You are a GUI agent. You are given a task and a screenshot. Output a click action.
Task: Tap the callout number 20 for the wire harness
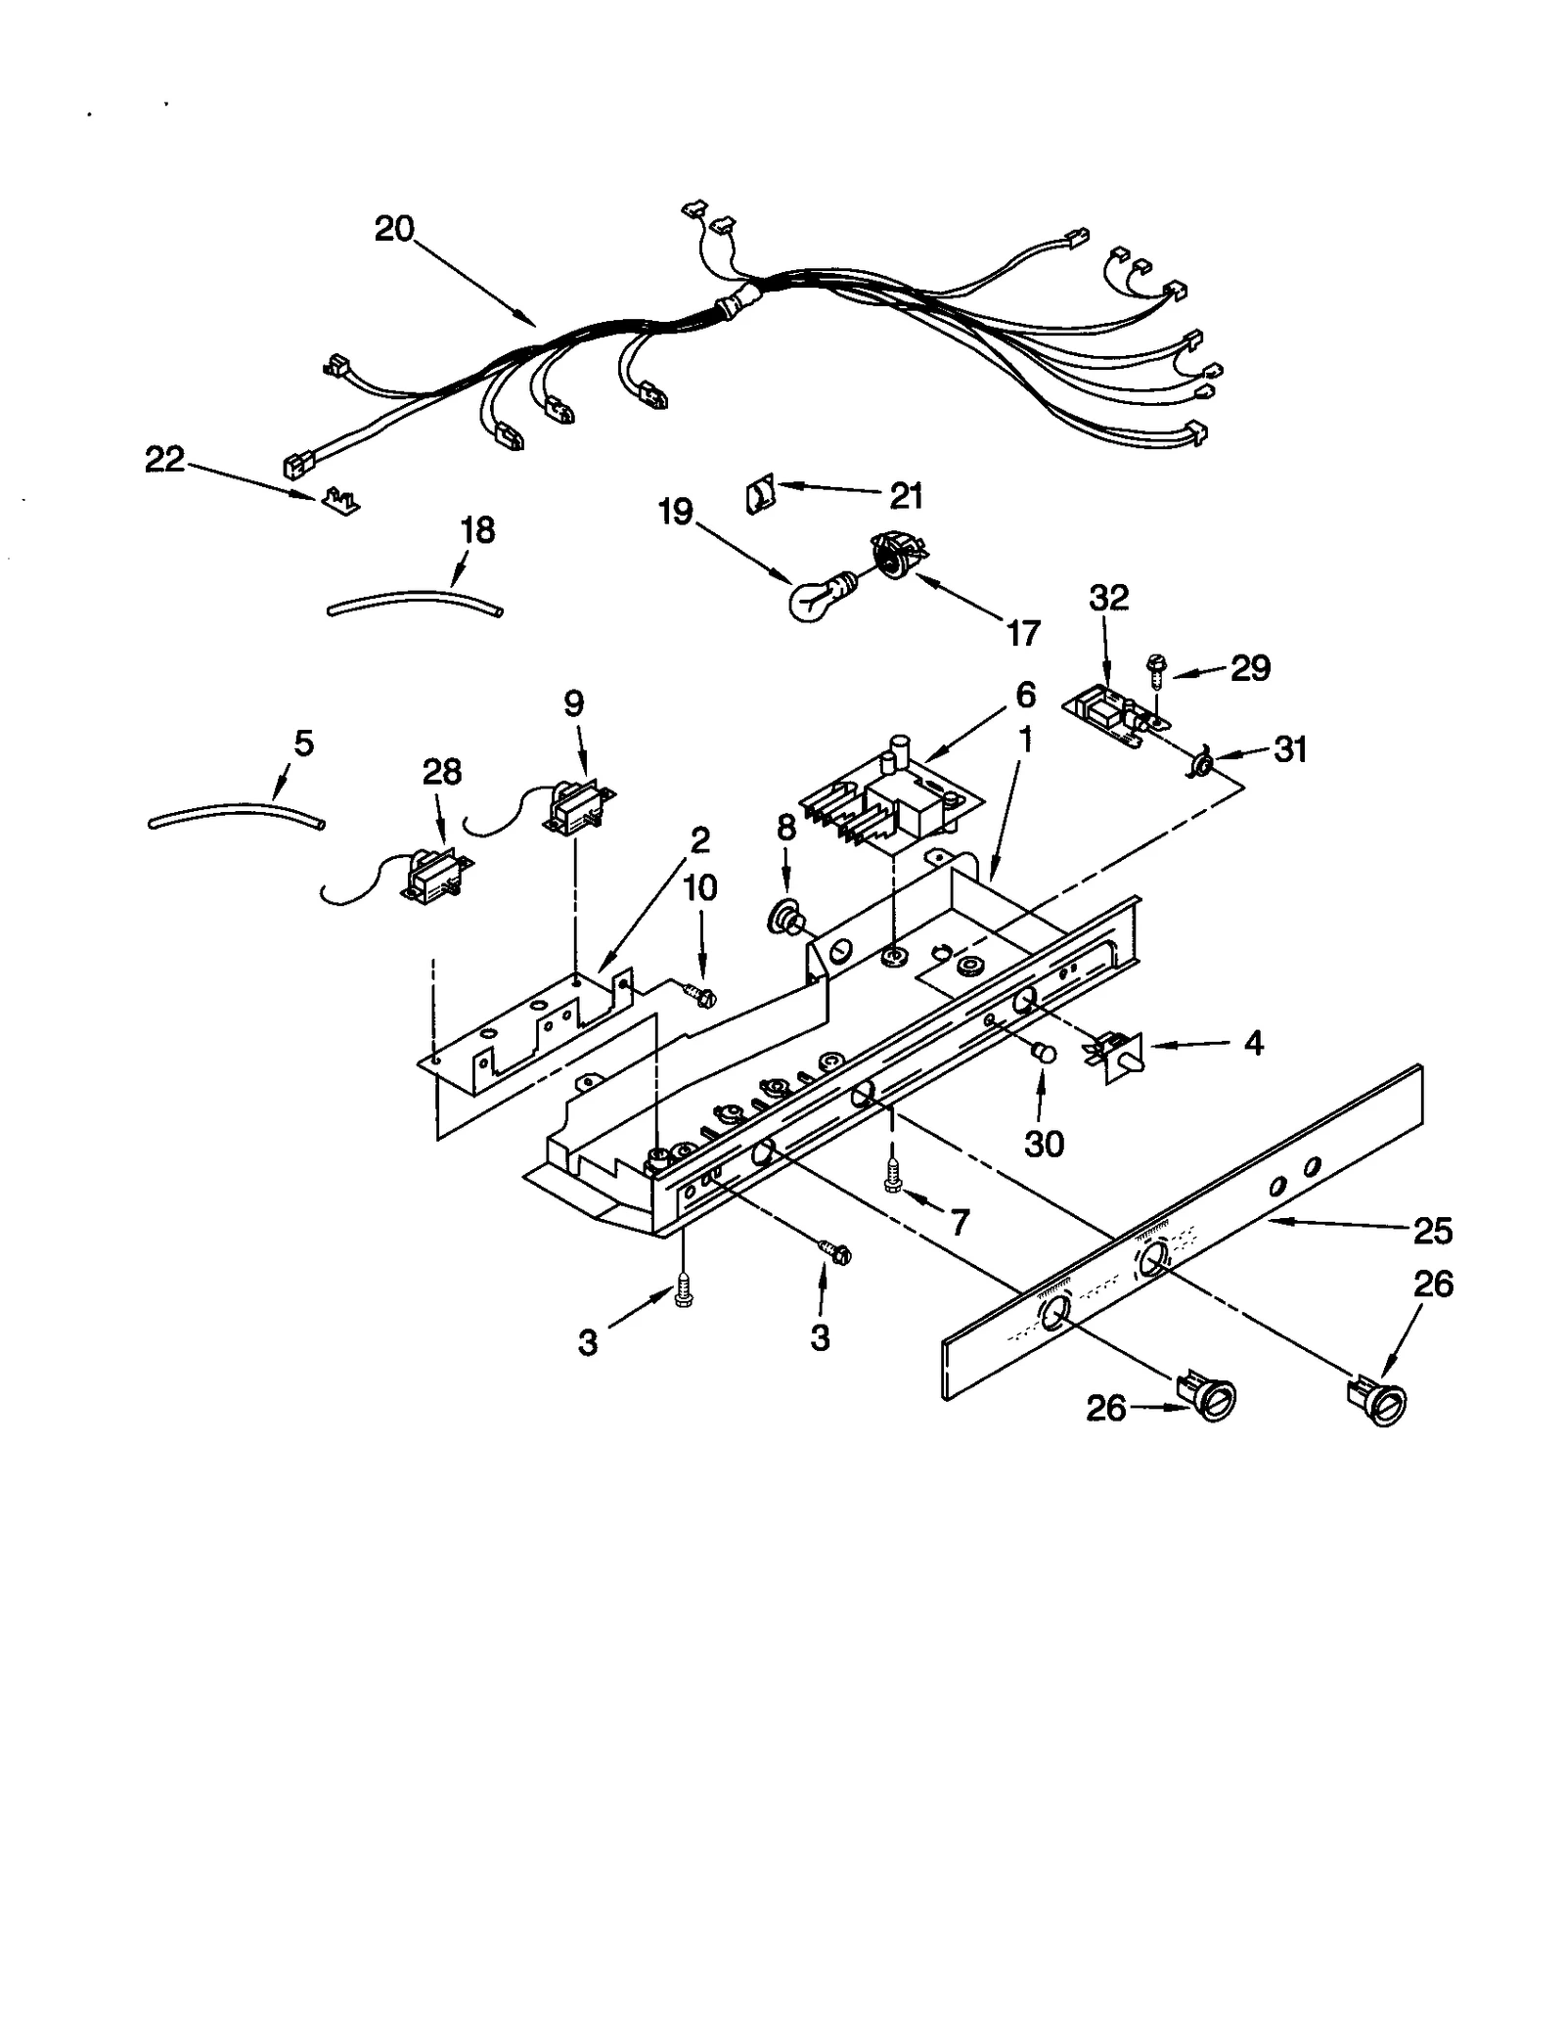coord(394,229)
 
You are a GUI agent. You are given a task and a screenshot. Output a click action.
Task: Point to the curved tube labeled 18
coord(416,601)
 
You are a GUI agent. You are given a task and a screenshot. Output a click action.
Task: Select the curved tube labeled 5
coord(235,812)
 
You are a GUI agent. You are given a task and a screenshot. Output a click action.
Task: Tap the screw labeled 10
coord(702,997)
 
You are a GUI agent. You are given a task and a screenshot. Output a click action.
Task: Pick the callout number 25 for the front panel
coord(1432,1230)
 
